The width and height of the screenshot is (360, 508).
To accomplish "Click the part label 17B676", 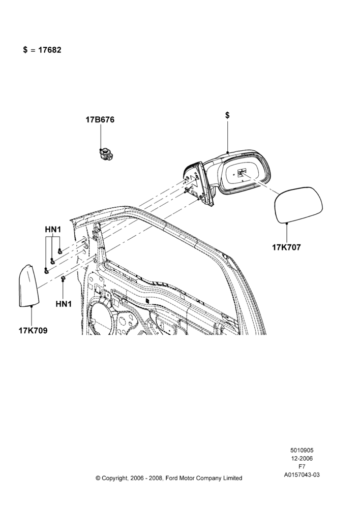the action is tap(100, 120).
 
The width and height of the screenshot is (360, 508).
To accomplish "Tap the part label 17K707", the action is tap(286, 247).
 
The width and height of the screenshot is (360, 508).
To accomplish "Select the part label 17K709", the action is tap(33, 331).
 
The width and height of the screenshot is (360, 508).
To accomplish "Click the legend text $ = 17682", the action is tap(42, 50).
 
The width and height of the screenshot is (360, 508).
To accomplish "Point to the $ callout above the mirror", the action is tap(227, 115).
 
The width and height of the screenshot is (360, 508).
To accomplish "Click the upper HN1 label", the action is tap(53, 230).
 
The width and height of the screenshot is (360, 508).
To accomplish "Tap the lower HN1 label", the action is tap(64, 304).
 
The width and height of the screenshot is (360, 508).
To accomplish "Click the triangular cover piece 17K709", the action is tap(28, 285).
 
